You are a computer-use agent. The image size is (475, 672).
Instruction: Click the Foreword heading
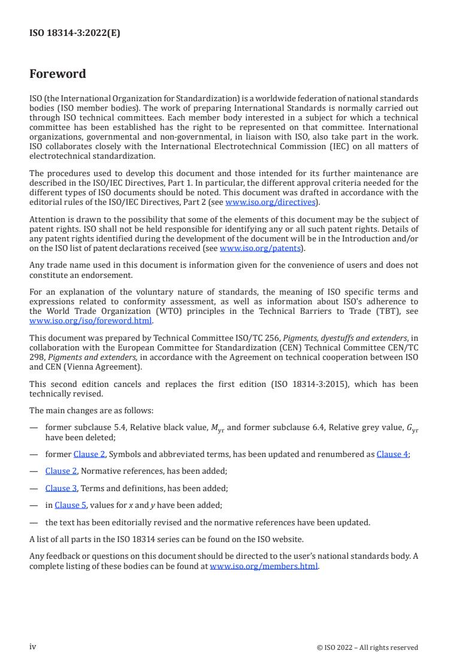click(x=58, y=74)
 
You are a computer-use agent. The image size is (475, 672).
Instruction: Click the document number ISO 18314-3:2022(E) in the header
click(x=74, y=34)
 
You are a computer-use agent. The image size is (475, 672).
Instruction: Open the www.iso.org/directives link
click(x=270, y=202)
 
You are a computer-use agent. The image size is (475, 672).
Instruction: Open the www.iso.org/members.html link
click(x=264, y=566)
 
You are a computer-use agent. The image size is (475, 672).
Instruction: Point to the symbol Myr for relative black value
click(x=214, y=427)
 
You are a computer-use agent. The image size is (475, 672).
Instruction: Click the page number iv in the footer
click(x=33, y=647)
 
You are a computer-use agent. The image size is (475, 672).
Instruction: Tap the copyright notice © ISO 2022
click(x=367, y=647)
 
